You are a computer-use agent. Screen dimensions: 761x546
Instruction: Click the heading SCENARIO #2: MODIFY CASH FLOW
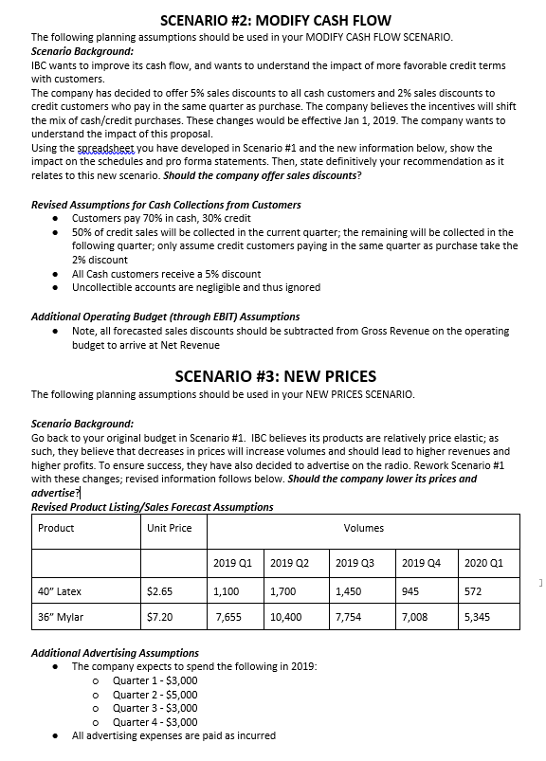click(x=276, y=21)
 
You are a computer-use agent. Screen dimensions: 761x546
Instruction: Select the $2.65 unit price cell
click(x=159, y=591)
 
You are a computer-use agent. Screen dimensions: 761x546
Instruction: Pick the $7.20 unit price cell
click(x=159, y=617)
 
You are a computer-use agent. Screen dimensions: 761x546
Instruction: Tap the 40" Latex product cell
click(x=59, y=591)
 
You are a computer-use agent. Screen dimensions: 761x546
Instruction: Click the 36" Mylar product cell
click(x=61, y=617)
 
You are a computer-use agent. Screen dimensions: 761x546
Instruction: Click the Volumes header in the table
click(x=363, y=528)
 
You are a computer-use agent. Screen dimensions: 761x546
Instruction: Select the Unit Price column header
click(x=170, y=528)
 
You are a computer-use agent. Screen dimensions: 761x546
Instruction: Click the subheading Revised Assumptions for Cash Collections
click(x=166, y=204)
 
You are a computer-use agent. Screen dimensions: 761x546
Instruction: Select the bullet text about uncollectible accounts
click(x=196, y=287)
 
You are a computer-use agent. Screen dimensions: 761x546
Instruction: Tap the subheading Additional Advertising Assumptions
click(x=115, y=653)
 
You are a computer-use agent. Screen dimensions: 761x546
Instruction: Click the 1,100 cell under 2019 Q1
click(x=226, y=591)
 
